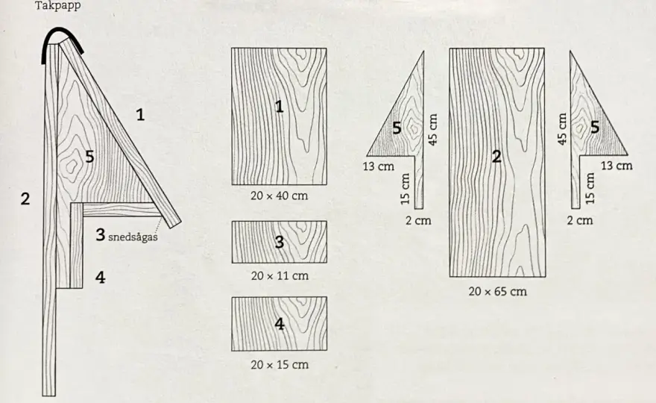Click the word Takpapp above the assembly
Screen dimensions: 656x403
[57, 6]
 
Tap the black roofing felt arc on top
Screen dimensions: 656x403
[63, 30]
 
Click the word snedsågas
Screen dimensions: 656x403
[133, 237]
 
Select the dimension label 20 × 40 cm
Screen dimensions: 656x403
[279, 196]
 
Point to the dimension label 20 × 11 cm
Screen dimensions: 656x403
[280, 275]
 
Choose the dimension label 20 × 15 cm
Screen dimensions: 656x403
[280, 364]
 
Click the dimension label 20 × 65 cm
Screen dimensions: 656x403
[497, 291]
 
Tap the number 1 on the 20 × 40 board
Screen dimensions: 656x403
[280, 107]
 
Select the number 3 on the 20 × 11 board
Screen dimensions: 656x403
[280, 242]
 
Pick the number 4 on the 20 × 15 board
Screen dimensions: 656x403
[280, 324]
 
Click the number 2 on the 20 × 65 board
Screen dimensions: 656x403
[496, 156]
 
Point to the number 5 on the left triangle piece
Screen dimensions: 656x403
[397, 128]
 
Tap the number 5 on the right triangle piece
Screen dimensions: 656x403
[595, 127]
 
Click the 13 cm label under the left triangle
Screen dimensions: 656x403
[378, 166]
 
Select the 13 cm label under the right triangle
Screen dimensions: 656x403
[616, 166]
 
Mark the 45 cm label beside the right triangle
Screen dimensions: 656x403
[562, 129]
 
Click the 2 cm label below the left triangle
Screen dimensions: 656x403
[418, 220]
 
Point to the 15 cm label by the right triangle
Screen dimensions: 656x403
[590, 189]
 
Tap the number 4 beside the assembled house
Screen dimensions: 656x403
[101, 277]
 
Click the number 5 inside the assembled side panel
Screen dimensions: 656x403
[89, 156]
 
